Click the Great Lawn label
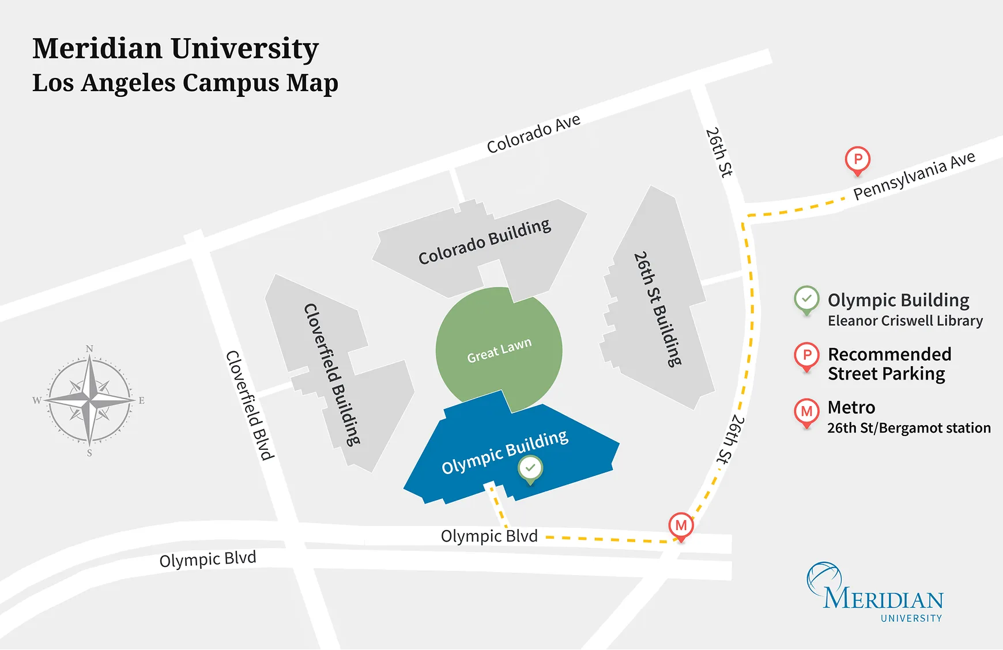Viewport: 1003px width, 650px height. (x=499, y=351)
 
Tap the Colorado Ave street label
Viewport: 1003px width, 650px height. (x=533, y=134)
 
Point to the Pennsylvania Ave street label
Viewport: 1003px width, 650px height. (x=914, y=175)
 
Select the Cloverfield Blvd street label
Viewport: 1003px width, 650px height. (x=250, y=405)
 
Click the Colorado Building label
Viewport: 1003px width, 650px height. (x=484, y=242)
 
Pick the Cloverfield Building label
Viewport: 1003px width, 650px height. (x=333, y=374)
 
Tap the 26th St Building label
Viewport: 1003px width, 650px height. (x=658, y=309)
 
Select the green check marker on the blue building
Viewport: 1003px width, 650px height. (x=530, y=468)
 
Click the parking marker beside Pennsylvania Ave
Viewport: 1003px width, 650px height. (x=857, y=159)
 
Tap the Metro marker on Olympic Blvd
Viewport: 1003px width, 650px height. (x=681, y=525)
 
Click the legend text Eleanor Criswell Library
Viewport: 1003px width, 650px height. (x=905, y=321)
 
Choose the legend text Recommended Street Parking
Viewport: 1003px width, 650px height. (x=889, y=364)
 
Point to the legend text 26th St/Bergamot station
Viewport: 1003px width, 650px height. (x=908, y=428)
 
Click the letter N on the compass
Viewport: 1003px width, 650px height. (x=89, y=348)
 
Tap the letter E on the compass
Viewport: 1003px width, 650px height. (x=141, y=400)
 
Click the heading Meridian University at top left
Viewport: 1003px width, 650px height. (x=175, y=48)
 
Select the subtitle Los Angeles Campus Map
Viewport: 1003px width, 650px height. (x=185, y=83)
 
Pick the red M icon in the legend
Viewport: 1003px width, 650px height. (x=806, y=411)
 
